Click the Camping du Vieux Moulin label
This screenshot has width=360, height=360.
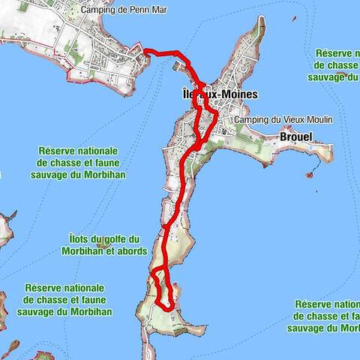click(x=283, y=120)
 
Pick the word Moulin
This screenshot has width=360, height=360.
click(x=318, y=120)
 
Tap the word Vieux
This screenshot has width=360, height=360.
click(x=292, y=120)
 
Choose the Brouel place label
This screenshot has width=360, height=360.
click(x=294, y=137)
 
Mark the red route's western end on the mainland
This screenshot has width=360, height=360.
click(x=144, y=51)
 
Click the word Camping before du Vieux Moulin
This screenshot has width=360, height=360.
click(x=252, y=120)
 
